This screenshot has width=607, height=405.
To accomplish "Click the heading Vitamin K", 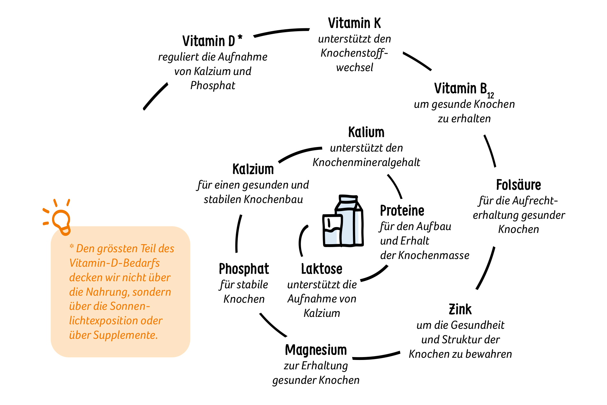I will (354, 23).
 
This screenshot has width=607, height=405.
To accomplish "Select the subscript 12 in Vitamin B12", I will (490, 96).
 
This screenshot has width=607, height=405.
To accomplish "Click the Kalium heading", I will (366, 133).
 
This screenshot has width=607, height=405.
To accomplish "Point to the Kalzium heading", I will (253, 170).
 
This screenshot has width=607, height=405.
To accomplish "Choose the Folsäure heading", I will (518, 185).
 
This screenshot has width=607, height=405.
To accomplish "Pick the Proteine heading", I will (402, 211).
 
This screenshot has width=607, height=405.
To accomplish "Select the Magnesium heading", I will (316, 350).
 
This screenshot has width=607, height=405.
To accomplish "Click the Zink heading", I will (460, 309).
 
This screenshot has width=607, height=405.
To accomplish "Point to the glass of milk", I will (332, 230).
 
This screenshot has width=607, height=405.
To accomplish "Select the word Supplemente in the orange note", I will (125, 335).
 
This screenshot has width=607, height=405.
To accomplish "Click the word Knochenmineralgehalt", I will (366, 162).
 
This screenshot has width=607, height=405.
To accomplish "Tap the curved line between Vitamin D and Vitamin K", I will (281, 32).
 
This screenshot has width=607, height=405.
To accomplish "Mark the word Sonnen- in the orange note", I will (130, 306).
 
